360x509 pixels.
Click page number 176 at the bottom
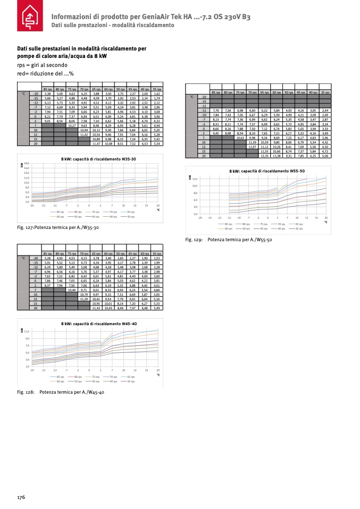tap(21, 497)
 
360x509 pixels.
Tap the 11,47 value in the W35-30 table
tap(96, 144)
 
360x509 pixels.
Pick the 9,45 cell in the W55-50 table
tap(216, 133)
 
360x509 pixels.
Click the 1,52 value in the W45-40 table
tap(157, 258)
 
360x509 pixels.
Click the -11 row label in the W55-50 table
tap(203, 110)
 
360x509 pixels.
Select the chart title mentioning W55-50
tap(267, 172)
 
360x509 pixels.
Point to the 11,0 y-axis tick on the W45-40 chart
tap(27, 332)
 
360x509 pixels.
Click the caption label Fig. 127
tap(27, 228)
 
